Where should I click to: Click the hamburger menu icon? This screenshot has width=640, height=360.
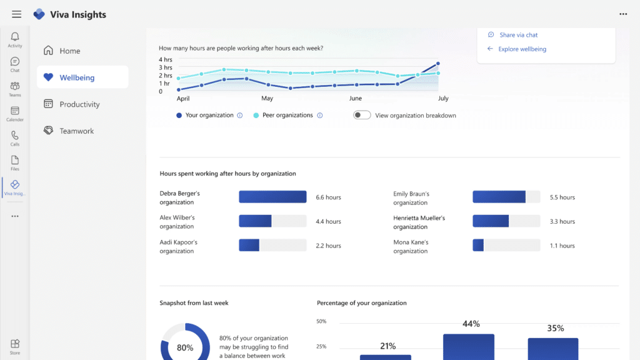pyautogui.click(x=16, y=14)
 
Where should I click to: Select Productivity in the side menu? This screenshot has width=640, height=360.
pyautogui.click(x=79, y=104)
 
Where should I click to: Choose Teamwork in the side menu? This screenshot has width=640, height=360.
pyautogui.click(x=76, y=131)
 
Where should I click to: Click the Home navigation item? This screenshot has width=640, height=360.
pyautogui.click(x=69, y=51)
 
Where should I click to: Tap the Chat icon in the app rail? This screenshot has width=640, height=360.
pyautogui.click(x=15, y=64)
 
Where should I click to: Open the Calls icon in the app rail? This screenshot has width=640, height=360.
pyautogui.click(x=15, y=137)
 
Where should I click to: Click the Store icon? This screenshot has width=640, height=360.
pyautogui.click(x=15, y=346)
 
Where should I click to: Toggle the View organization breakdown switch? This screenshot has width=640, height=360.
pyautogui.click(x=362, y=115)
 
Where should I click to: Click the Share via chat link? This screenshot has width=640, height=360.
pyautogui.click(x=518, y=35)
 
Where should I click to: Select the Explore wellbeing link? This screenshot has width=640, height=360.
pyautogui.click(x=522, y=49)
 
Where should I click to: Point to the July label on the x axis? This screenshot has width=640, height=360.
pyautogui.click(x=443, y=99)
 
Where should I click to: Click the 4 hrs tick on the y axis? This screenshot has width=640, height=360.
pyautogui.click(x=165, y=59)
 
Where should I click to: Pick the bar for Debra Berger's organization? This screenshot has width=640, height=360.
pyautogui.click(x=272, y=197)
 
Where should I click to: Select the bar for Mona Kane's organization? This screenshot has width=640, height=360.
pyautogui.click(x=478, y=246)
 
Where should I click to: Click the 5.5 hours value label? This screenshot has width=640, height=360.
pyautogui.click(x=562, y=197)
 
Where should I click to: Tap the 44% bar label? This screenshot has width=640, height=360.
pyautogui.click(x=471, y=324)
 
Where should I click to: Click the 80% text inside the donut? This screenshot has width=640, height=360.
pyautogui.click(x=185, y=347)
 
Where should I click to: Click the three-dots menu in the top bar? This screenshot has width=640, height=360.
pyautogui.click(x=622, y=14)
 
